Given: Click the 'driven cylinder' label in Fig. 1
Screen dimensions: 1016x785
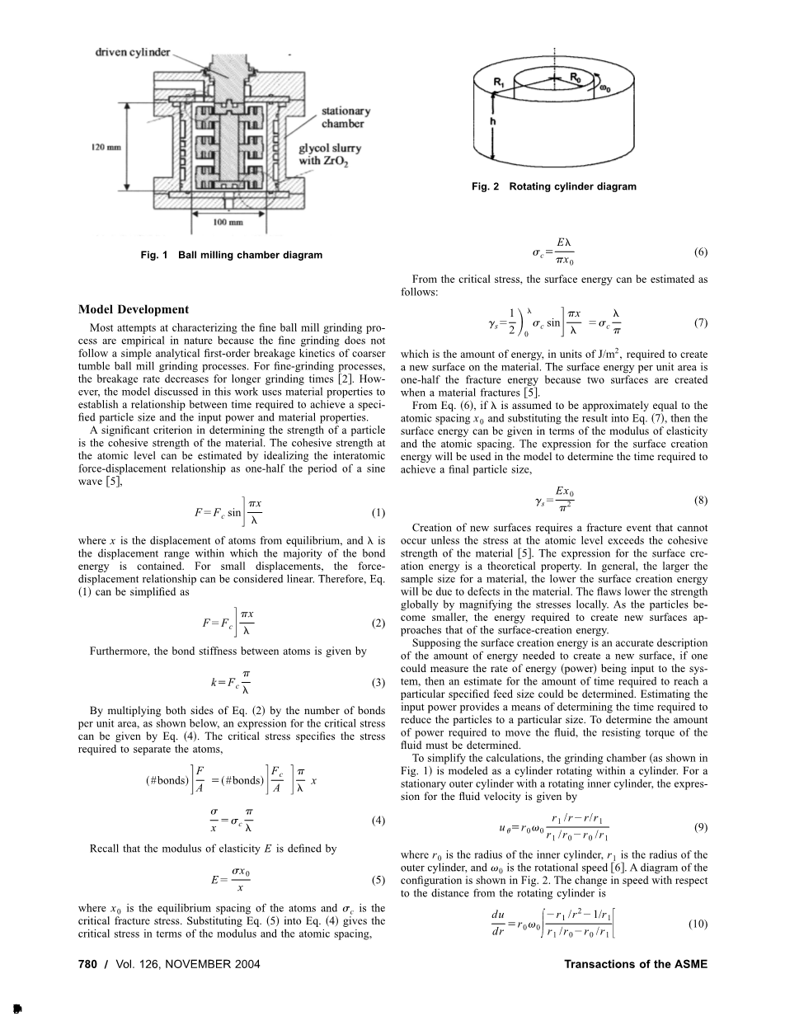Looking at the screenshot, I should (134, 52).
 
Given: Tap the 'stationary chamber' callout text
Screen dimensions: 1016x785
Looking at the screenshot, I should (345, 117).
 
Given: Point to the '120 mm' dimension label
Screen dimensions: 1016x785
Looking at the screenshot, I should (106, 148).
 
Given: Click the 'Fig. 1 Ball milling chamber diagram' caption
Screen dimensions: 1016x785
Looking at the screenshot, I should (232, 255).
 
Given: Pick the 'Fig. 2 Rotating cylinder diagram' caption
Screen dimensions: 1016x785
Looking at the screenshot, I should (553, 186).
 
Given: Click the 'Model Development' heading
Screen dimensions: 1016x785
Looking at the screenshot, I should (134, 309).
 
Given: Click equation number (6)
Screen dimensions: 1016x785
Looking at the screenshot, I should (701, 253).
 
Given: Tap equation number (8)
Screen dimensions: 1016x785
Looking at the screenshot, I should (701, 500).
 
